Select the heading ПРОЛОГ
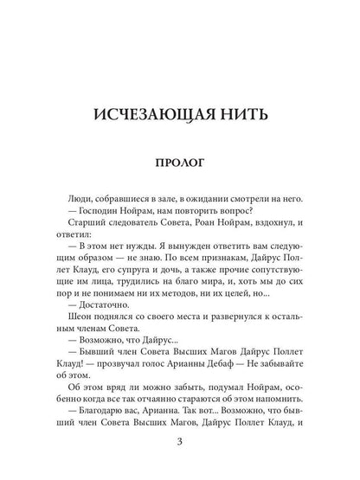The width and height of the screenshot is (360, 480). pyautogui.click(x=180, y=163)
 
